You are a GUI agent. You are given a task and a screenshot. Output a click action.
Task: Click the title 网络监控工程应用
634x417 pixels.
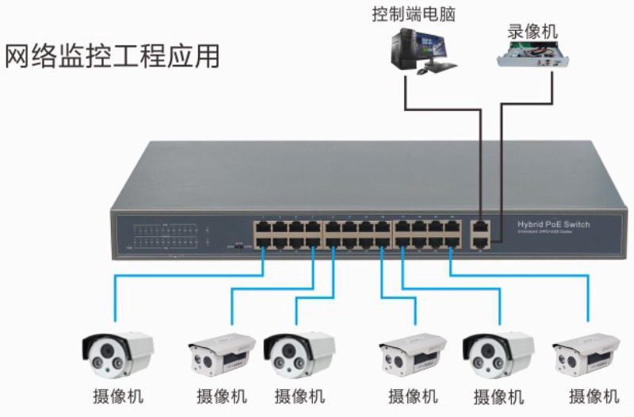pos(112,57)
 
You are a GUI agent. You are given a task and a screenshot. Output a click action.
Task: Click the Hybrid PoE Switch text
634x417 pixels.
pos(553,224)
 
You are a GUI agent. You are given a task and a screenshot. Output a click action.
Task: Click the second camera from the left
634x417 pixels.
pos(221,354)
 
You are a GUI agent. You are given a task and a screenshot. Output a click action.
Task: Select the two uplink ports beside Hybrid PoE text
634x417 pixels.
pos(479,235)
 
